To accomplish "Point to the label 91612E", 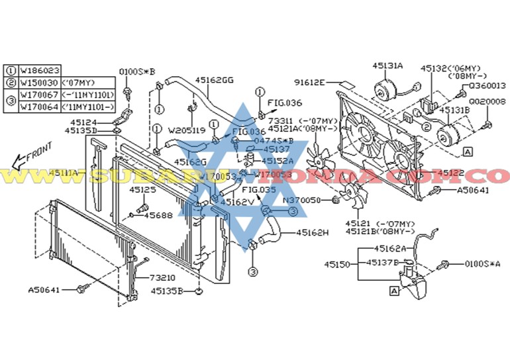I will coord(309,82).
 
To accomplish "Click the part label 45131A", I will coord(387,66).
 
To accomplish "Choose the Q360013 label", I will coord(487,86).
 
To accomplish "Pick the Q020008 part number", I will coord(487,101).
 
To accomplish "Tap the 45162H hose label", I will coord(312,232).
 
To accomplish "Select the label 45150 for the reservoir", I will coord(337,264).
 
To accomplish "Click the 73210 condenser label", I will coord(162,278).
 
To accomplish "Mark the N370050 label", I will coord(301,199).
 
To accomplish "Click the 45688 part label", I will coord(158,214).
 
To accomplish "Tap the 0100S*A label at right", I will coord(482,264).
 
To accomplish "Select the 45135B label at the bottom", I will coord(166,290).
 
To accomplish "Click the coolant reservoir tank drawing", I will coord(417,281).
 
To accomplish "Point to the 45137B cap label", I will coord(382,263).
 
